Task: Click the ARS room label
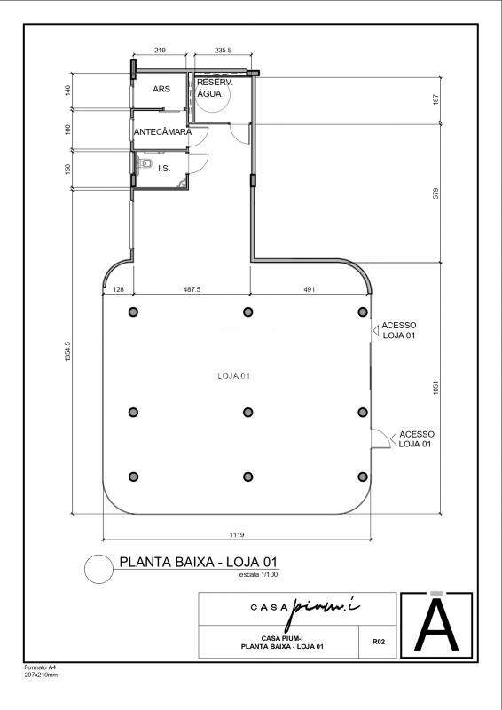[x=161, y=89]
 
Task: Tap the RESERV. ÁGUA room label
[x=215, y=88]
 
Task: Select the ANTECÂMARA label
[x=162, y=132]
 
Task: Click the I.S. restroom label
[x=164, y=169]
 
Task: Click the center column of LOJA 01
[x=247, y=412]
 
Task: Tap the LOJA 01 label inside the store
[x=234, y=375]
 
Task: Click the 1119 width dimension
[x=237, y=535]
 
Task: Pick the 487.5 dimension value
[x=192, y=289]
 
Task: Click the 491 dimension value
[x=309, y=289]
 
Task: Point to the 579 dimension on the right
[x=435, y=193]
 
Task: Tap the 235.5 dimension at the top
[x=224, y=51]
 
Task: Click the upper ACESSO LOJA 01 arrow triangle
[x=375, y=331]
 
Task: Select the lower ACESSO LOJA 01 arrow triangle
[x=393, y=438]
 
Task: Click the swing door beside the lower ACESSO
[x=380, y=438]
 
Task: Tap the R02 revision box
[x=378, y=642]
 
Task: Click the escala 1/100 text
[x=258, y=574]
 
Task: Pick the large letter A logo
[x=436, y=624]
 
